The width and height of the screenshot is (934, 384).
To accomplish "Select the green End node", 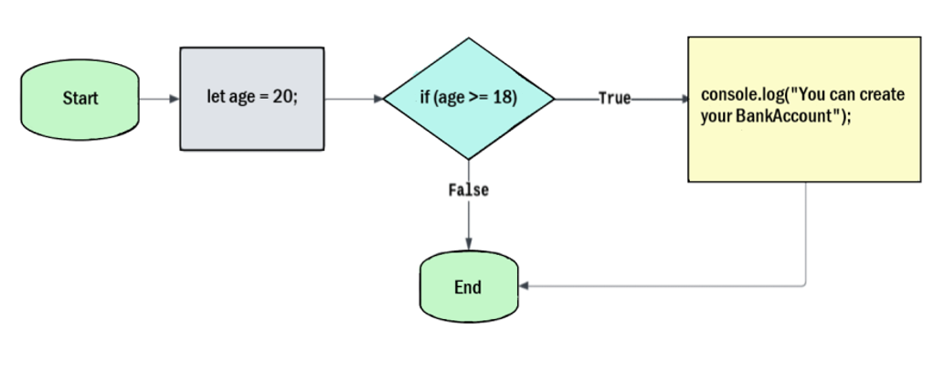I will pyautogui.click(x=467, y=287).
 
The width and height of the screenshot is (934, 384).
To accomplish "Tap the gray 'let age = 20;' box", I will pyautogui.click(x=252, y=98).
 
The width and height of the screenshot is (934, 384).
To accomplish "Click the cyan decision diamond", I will pyautogui.click(x=468, y=98).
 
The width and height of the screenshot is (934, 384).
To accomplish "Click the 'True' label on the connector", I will pyautogui.click(x=614, y=98).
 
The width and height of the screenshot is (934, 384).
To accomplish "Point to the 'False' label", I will pyautogui.click(x=468, y=190).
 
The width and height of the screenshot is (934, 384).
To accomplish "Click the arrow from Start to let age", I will pyautogui.click(x=161, y=98).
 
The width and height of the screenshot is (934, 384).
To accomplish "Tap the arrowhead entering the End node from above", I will pyautogui.click(x=468, y=243).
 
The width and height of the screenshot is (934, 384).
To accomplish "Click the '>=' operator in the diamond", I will pyautogui.click(x=479, y=98).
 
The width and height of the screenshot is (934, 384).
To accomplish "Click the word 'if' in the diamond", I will pyautogui.click(x=424, y=98).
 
